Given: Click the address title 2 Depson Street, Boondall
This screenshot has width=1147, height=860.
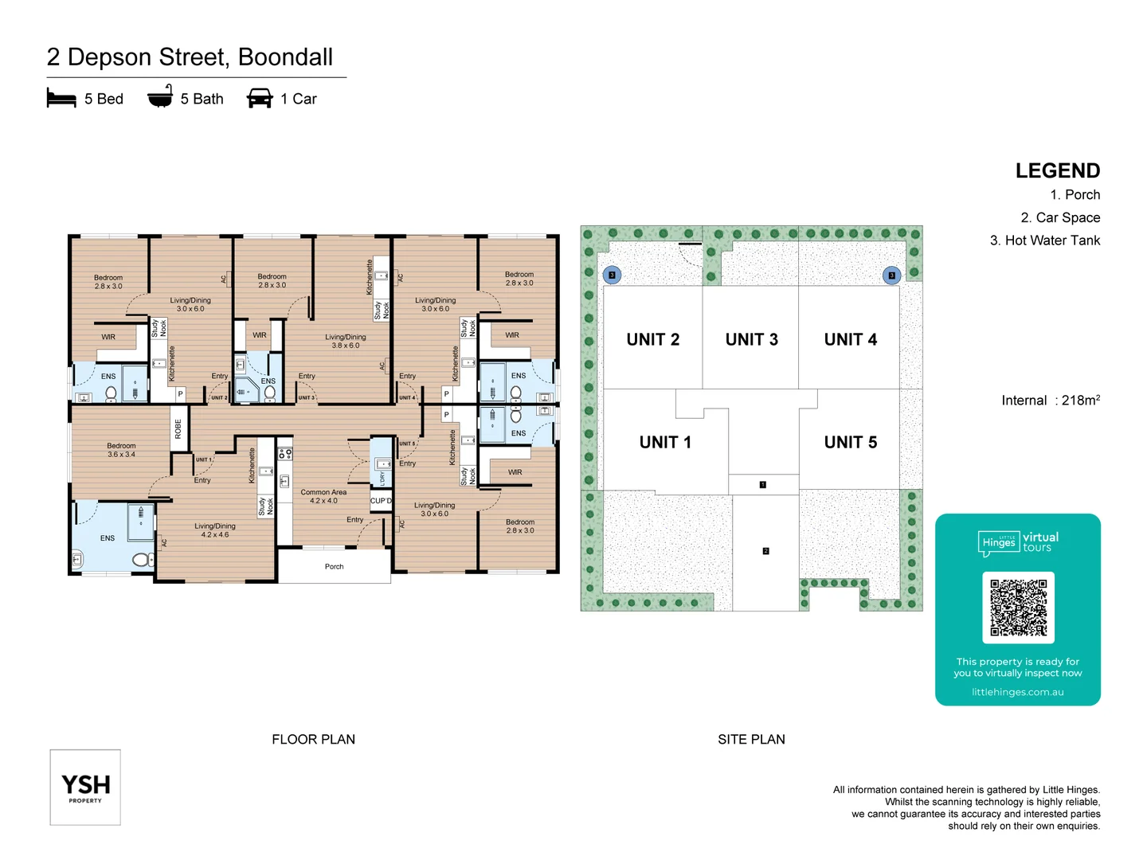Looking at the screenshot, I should coord(190,57).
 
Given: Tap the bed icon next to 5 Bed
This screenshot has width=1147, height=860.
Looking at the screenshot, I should coord(61,99).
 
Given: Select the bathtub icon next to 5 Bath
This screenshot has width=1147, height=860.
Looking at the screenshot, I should coord(160,96).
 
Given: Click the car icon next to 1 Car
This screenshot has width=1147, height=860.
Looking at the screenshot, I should coord(260,99).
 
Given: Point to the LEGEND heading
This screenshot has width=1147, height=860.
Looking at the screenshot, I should coord(1057,171).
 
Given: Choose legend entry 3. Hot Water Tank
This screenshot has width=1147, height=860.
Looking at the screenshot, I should coord(1044,240).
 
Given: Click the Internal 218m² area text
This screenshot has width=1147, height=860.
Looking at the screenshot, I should coord(1050,401).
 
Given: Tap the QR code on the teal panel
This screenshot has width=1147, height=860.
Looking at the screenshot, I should coord(1018,608).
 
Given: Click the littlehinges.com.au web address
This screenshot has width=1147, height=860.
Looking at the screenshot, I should coord(1017,692).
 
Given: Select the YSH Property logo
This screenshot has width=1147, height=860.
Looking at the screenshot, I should coord(85,787).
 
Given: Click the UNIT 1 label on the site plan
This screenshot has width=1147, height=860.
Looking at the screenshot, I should coord(665,443).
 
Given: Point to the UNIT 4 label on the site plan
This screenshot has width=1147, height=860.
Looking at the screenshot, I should coord(850,340).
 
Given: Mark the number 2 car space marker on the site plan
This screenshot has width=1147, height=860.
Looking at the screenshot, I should coord(765,551).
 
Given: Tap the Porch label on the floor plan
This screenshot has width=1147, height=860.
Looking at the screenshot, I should coord(334,567).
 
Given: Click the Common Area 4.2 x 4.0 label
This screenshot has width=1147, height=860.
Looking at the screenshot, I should coord(323,497).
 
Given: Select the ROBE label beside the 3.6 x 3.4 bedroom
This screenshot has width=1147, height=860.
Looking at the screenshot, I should coord(178,429).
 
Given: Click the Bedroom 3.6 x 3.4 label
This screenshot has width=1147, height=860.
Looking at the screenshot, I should coord(121,450).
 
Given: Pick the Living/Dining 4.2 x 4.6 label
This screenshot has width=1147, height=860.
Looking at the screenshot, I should coord(215,530).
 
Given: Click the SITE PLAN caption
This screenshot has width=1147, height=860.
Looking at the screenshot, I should coord(750,740).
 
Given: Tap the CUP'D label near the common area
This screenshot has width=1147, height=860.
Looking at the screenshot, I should coord(381,501).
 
